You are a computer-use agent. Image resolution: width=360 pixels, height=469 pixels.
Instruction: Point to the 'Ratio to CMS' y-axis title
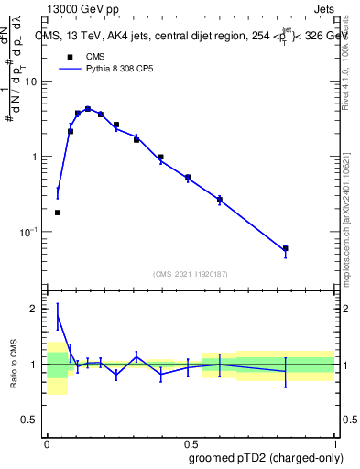click(15, 364)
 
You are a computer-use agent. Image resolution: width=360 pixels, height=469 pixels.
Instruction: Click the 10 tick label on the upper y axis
click(32, 82)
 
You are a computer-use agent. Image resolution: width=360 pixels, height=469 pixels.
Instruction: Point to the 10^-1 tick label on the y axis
click(30, 233)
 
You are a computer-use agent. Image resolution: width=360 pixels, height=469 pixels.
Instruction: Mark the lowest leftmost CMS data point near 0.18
click(58, 213)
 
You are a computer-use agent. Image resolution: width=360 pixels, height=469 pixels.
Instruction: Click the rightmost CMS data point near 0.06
click(286, 248)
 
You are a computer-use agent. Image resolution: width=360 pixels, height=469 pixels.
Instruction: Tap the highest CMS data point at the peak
click(88, 109)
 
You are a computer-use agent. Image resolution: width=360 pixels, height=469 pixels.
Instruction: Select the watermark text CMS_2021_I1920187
click(190, 274)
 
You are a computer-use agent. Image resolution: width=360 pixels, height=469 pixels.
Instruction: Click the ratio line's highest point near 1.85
click(58, 317)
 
